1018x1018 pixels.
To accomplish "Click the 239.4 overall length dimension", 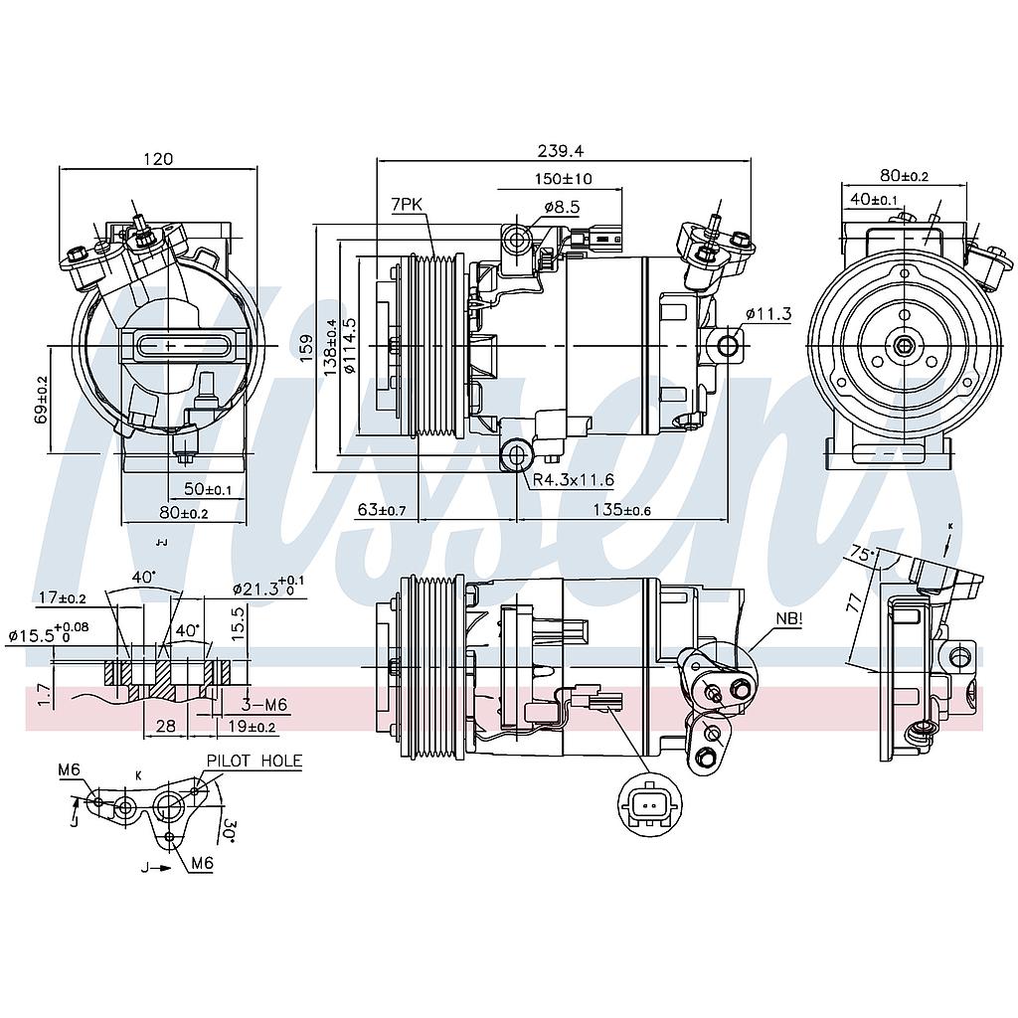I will pos(561,150).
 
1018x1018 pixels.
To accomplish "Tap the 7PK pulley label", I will pos(407,204).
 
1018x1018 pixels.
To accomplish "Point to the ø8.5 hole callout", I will pos(562,207).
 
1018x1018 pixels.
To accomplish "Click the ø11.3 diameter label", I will pos(768,314).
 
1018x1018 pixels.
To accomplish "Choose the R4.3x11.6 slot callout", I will pos(574,480).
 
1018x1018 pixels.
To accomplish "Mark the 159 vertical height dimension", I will pos(306,347).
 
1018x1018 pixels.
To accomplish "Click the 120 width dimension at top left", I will pos(158,159).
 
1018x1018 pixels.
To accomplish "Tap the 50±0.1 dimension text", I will pos(208,490).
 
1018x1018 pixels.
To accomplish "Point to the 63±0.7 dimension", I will pos(382,510).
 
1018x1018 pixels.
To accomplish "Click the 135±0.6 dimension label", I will pos(621,510).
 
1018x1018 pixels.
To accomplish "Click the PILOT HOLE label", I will pos(254,761).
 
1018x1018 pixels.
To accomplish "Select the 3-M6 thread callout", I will pos(264,704).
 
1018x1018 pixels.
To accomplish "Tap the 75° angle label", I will pos(863,554).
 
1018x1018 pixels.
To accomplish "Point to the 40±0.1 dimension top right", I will pos(874,199).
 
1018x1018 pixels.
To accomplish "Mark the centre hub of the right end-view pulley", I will pos(903,345).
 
